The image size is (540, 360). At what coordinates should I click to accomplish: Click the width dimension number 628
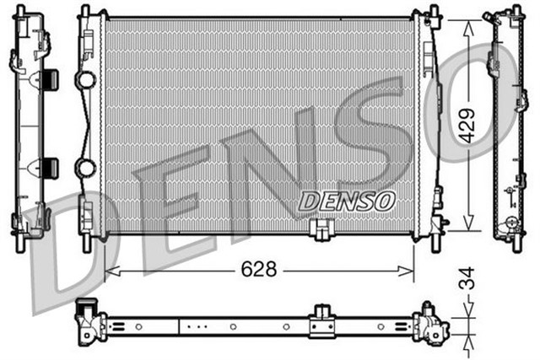[260, 270]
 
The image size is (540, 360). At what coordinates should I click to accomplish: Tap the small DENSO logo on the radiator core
[347, 200]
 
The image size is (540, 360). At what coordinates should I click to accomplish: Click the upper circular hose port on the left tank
[86, 81]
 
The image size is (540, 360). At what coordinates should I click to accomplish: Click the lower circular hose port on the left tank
[86, 168]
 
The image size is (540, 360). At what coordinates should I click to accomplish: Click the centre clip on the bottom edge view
[321, 321]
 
